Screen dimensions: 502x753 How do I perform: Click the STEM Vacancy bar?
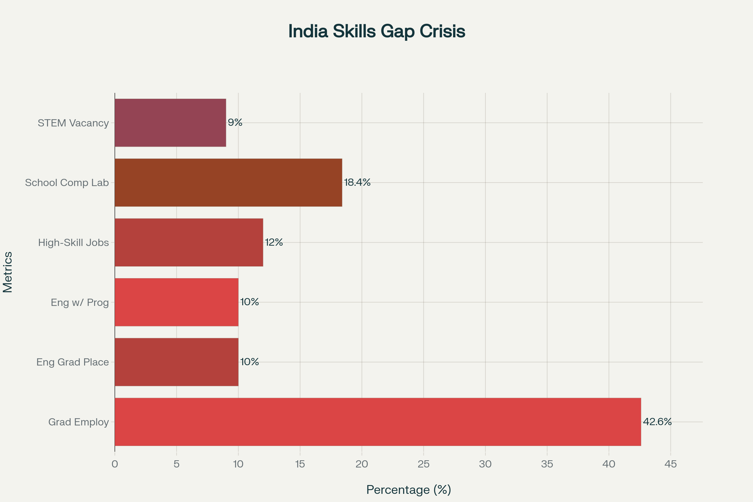pyautogui.click(x=170, y=123)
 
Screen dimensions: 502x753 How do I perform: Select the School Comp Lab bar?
pyautogui.click(x=228, y=183)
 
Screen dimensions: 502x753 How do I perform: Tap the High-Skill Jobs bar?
pyautogui.click(x=189, y=242)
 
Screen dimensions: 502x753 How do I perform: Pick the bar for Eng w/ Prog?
pyautogui.click(x=176, y=302)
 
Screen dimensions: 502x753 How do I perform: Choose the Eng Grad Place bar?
pyautogui.click(x=176, y=362)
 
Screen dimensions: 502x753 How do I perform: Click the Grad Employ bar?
pyautogui.click(x=378, y=422)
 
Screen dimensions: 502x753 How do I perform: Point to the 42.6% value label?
pyautogui.click(x=657, y=422)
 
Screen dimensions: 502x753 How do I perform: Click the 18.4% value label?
pyautogui.click(x=357, y=182)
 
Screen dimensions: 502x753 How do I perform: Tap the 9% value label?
pyautogui.click(x=235, y=122)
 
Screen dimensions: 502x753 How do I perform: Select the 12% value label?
pyautogui.click(x=274, y=242)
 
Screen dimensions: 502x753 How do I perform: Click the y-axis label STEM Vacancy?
pyautogui.click(x=73, y=123)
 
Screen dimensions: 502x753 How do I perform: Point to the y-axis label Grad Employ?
pyautogui.click(x=78, y=422)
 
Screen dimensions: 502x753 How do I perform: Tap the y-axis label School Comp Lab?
pyautogui.click(x=67, y=183)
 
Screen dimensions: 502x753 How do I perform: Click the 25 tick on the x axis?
pyautogui.click(x=424, y=464)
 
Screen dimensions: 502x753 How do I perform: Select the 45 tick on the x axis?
pyautogui.click(x=671, y=464)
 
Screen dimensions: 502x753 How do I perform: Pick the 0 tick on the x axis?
pyautogui.click(x=115, y=464)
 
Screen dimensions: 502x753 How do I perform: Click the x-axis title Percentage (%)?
pyautogui.click(x=409, y=489)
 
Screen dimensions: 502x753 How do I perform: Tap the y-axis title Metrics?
pyautogui.click(x=8, y=272)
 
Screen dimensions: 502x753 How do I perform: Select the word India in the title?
pyautogui.click(x=308, y=31)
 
